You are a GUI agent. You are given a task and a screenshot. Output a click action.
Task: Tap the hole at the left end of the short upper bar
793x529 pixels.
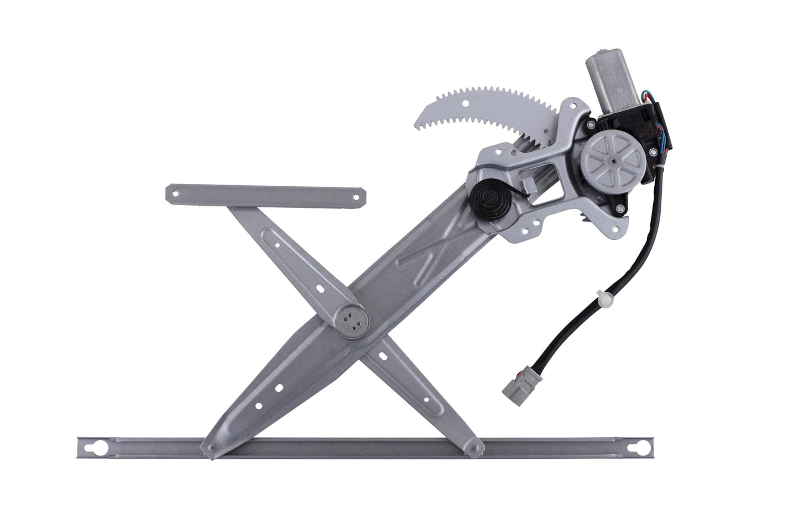coord(175,194)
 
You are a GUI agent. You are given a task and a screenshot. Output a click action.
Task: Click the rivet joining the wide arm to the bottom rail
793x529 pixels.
coord(212,448)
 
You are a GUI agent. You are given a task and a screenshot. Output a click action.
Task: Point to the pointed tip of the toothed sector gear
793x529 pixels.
coord(417,127)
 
